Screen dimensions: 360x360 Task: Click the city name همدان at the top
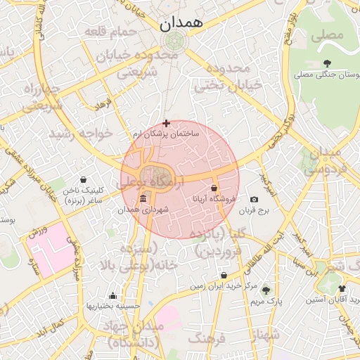click(181, 22)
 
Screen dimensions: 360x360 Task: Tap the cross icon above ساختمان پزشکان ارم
click(166, 123)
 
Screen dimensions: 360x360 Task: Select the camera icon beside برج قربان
click(254, 200)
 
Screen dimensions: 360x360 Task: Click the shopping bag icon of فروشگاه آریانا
click(214, 188)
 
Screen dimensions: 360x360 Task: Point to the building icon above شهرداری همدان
click(143, 198)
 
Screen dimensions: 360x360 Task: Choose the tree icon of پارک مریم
click(265, 290)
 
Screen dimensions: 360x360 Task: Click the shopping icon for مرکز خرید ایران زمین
click(224, 276)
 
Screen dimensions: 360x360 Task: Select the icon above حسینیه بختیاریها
click(112, 295)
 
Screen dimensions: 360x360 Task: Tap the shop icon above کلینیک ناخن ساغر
click(84, 179)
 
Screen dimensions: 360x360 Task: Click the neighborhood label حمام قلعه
click(112, 32)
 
